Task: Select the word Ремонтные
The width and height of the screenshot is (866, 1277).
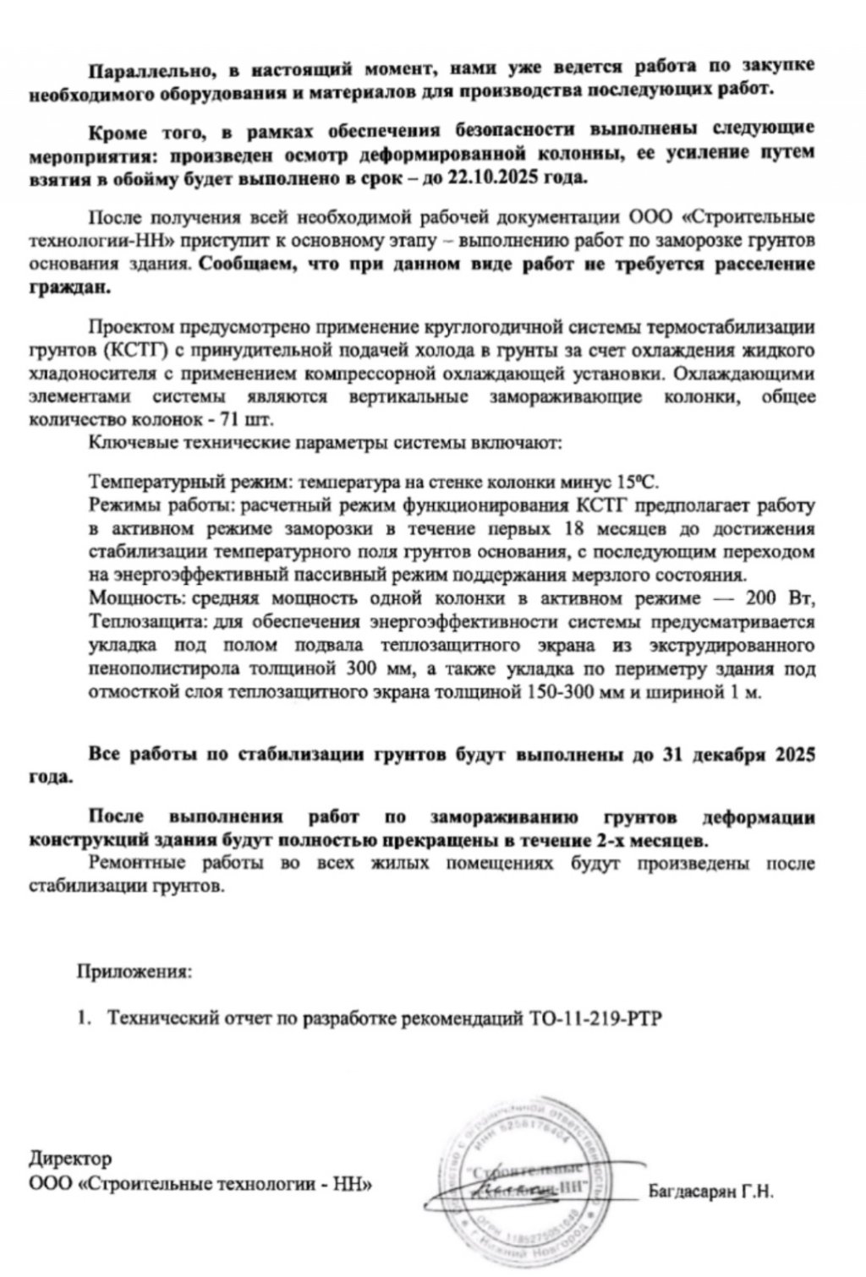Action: pyautogui.click(x=129, y=865)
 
